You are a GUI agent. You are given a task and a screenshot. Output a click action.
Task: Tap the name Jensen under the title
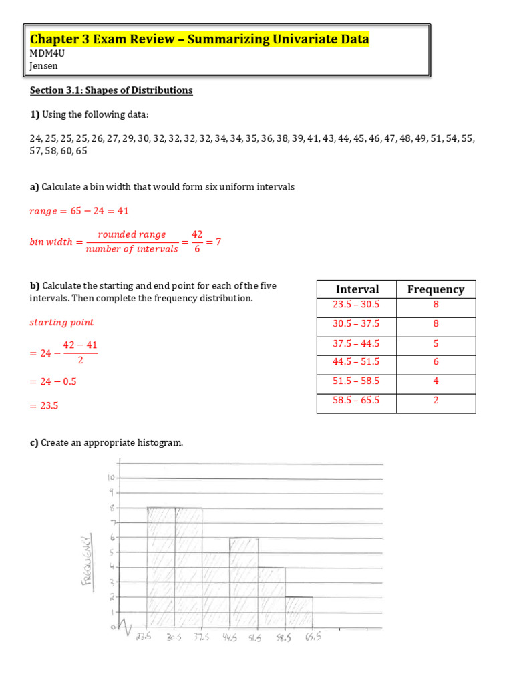click(44, 65)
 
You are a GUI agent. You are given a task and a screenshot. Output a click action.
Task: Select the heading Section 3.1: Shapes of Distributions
click(111, 90)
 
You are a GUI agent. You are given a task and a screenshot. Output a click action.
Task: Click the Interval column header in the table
click(357, 289)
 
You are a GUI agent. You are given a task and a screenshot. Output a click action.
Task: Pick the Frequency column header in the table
click(436, 289)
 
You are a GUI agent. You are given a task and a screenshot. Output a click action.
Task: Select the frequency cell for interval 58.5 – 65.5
click(436, 401)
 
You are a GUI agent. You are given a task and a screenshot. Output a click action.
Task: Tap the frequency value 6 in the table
click(436, 362)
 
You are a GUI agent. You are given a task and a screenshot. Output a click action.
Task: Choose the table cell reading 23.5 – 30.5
click(357, 304)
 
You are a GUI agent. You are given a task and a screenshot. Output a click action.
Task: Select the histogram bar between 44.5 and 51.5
click(244, 582)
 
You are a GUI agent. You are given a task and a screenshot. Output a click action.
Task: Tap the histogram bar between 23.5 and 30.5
click(161, 568)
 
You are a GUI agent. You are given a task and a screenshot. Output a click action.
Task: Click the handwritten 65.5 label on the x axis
click(313, 637)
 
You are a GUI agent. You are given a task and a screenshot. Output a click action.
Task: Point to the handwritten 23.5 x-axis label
click(143, 637)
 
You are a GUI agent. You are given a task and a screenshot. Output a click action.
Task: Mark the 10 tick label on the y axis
click(111, 478)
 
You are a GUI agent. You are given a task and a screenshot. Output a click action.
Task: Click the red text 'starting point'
click(61, 323)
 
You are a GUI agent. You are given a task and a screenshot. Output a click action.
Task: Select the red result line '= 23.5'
click(44, 405)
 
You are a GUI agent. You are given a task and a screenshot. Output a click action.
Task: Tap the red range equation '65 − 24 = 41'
click(79, 211)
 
